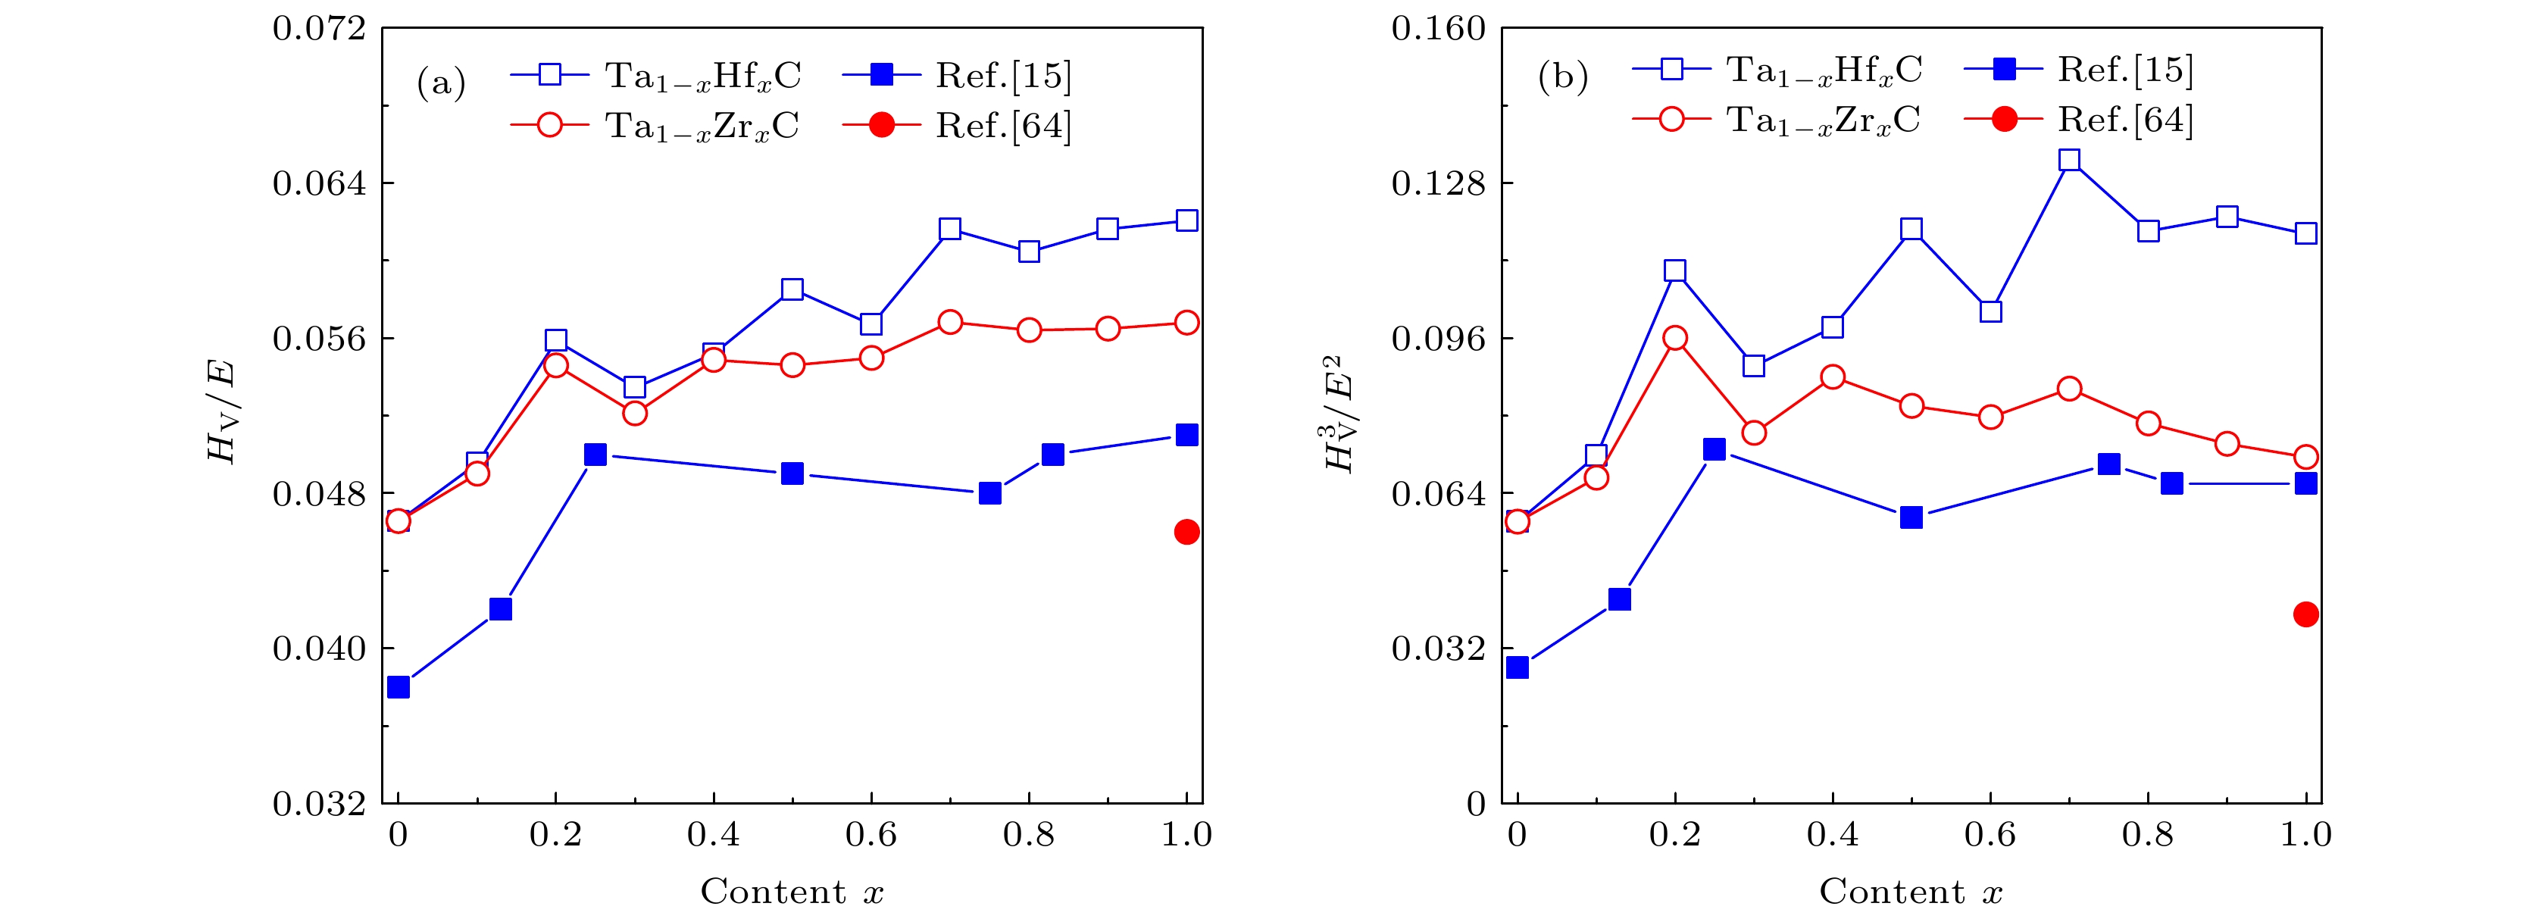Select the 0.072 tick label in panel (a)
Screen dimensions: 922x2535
coord(318,29)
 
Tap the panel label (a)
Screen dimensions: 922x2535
coord(441,83)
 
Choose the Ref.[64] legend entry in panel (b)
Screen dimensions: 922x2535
coord(2124,120)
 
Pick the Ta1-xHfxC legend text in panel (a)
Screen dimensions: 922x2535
coord(702,76)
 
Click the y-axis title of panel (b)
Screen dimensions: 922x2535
coord(1340,414)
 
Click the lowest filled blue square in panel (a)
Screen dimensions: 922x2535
coord(399,687)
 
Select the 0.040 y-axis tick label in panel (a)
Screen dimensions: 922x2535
coord(318,649)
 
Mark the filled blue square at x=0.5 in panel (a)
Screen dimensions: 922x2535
coord(792,474)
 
